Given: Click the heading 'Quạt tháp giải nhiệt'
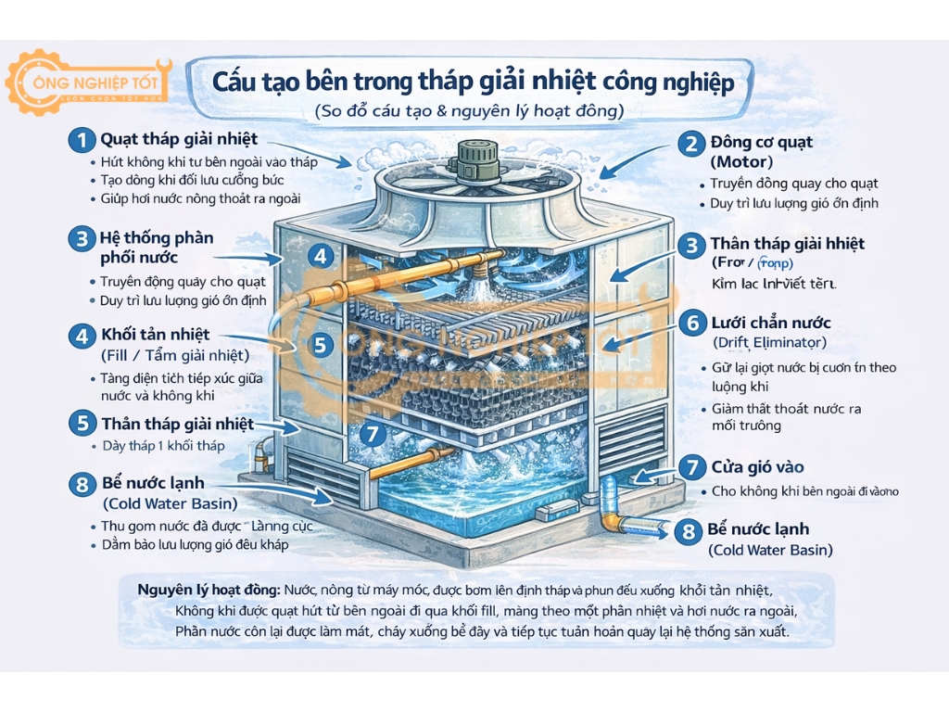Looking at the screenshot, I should (x=179, y=140).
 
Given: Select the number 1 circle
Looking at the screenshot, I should (x=82, y=141).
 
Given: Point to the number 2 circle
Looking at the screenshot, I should (x=690, y=143).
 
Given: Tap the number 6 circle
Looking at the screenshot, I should (x=690, y=324).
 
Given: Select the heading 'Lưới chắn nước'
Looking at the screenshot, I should (x=770, y=324).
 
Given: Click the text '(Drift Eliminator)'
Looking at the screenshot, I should (x=770, y=343).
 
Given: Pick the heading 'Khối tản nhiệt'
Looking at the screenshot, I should (x=155, y=335).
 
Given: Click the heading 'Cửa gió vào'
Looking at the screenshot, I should (x=757, y=467).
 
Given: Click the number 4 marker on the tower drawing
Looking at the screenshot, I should (x=320, y=256).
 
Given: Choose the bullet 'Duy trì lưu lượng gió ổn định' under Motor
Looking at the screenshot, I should (x=794, y=203).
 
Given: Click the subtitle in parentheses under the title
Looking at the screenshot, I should (x=469, y=111).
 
